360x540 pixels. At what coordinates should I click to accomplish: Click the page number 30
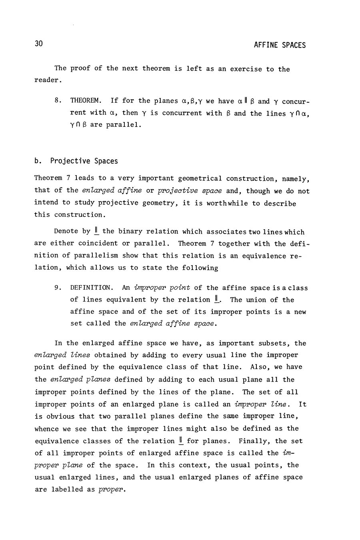(38, 44)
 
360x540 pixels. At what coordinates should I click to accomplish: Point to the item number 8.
(57, 101)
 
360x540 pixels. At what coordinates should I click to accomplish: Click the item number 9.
(57, 288)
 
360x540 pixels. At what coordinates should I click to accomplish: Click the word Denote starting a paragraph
(66, 232)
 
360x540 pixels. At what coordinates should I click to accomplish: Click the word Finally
(252, 441)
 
